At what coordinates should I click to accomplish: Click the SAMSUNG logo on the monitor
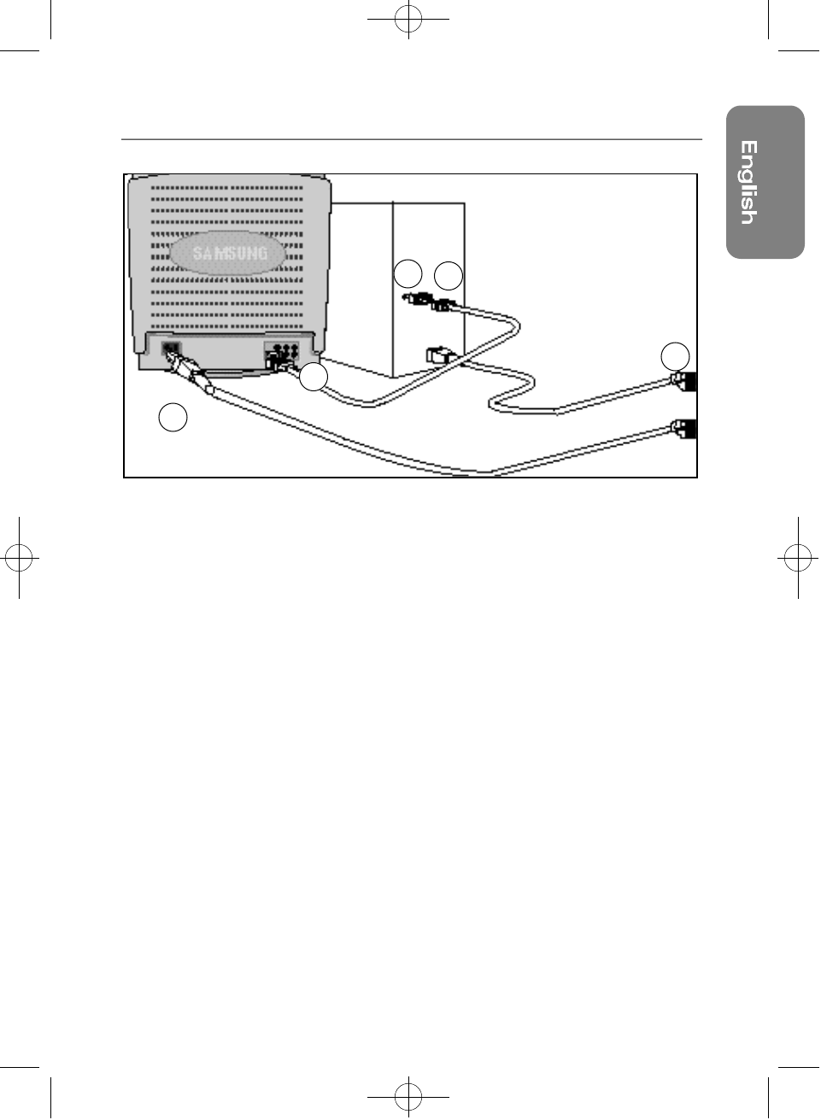pos(229,253)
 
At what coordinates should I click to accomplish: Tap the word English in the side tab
pos(748,182)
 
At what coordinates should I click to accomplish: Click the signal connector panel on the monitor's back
pos(283,352)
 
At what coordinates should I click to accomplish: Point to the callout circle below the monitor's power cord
pos(173,417)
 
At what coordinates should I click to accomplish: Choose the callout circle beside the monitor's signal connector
pos(314,377)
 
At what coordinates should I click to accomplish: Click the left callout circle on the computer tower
pos(408,274)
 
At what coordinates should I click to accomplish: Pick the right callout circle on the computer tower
pos(449,276)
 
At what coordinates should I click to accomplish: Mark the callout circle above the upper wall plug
pos(676,355)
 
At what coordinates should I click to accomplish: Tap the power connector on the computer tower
pos(437,355)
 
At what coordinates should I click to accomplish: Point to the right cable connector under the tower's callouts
pos(444,305)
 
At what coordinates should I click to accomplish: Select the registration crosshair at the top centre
pos(408,19)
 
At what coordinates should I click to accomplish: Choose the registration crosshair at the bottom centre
pos(408,1094)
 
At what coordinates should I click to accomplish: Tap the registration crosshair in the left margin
pos(19,559)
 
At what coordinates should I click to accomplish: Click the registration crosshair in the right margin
pos(797,559)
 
